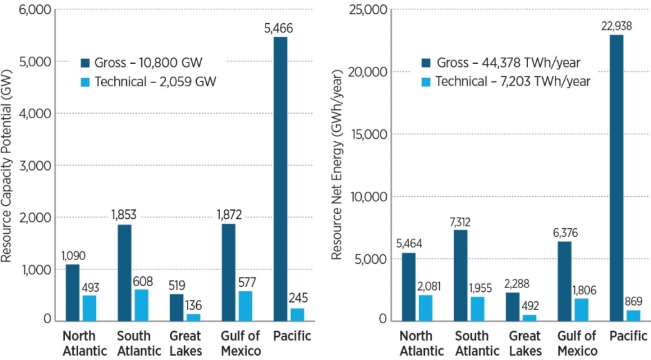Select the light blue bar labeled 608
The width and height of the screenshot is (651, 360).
pos(141,305)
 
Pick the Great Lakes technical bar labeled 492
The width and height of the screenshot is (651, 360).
pos(512,317)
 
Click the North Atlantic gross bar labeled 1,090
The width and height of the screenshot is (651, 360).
pos(72,292)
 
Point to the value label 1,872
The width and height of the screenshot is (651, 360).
pos(229,216)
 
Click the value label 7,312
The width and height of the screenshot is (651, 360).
pos(460,222)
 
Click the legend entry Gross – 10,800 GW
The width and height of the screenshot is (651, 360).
pos(144,62)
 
